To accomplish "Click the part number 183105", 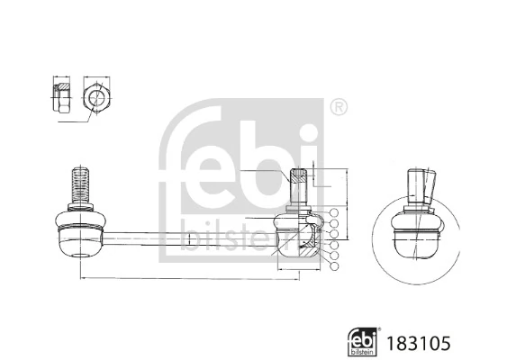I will point(419,342).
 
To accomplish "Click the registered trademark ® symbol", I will point(339,107).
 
